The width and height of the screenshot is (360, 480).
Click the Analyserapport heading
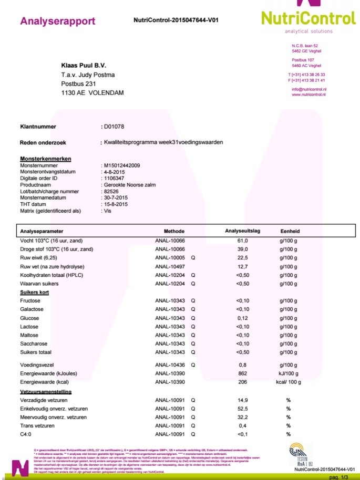[x=57, y=22]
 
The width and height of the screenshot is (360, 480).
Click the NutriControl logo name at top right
[x=308, y=18]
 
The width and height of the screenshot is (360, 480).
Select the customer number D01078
[x=114, y=127]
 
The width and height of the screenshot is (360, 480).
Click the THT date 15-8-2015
[x=116, y=204]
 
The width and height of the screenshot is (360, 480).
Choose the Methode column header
[x=174, y=231]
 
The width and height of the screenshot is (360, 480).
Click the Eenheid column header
[x=290, y=231]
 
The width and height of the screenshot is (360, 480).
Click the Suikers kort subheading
[x=34, y=292]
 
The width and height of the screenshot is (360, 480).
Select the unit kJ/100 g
[x=288, y=374]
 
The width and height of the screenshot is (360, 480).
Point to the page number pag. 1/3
[x=338, y=477]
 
